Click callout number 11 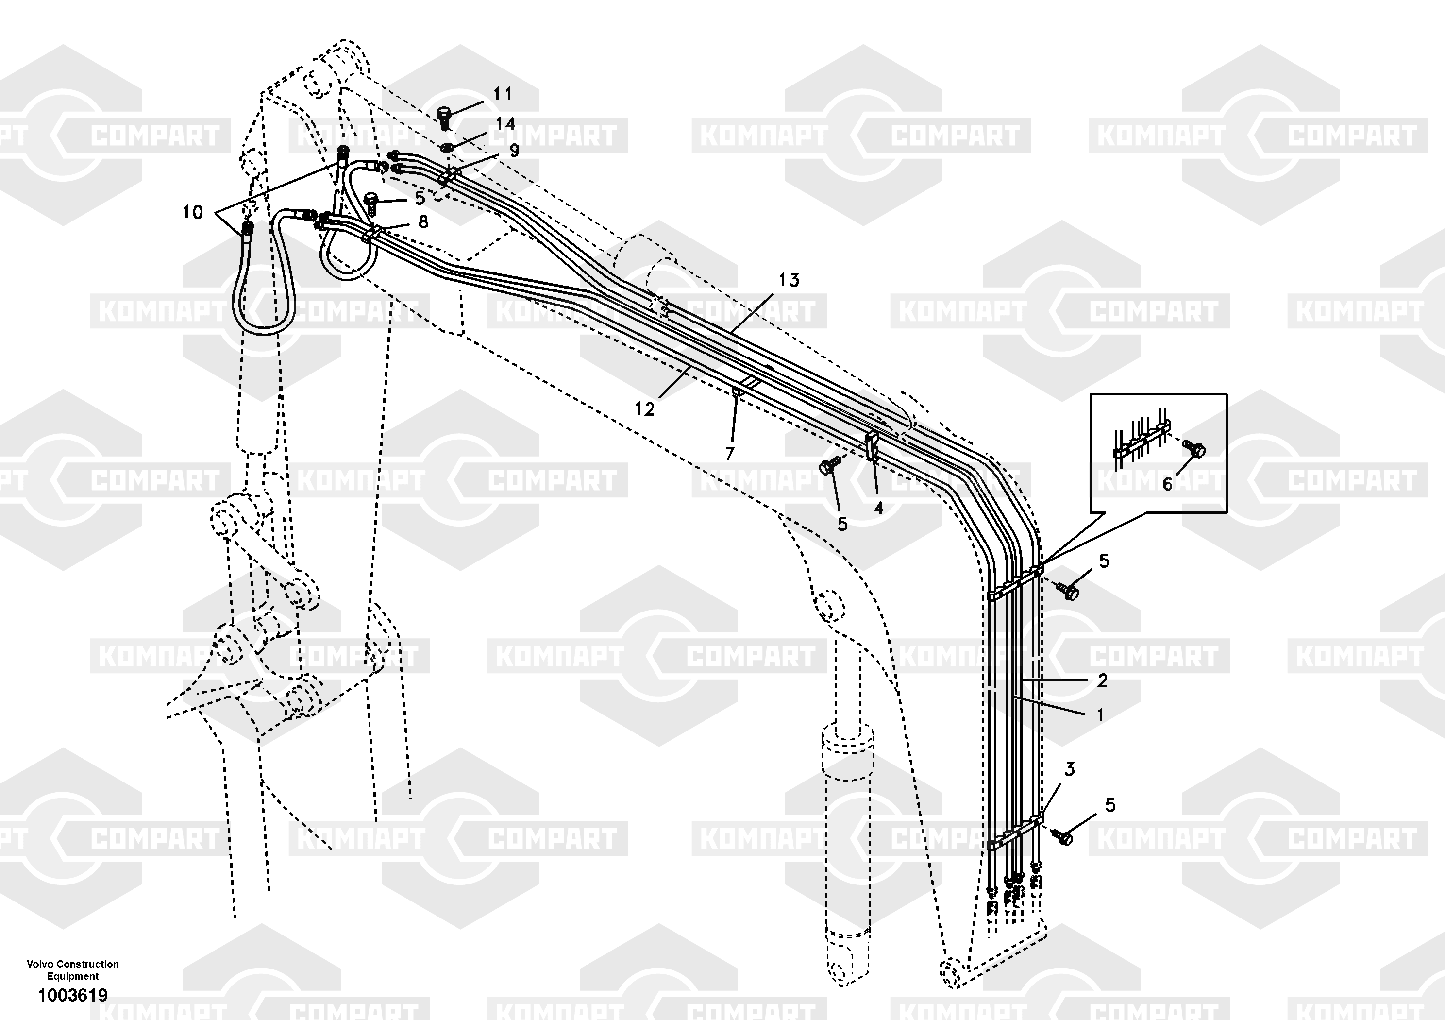point(502,94)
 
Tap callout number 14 point(505,124)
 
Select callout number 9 point(514,151)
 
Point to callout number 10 point(193,212)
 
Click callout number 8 point(423,221)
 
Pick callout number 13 point(789,280)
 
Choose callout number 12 point(644,409)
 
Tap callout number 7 point(730,453)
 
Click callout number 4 point(878,508)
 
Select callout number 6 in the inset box point(1167,484)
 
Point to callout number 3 point(1070,769)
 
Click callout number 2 point(1102,680)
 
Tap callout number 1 point(1100,714)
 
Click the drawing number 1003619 point(73,995)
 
